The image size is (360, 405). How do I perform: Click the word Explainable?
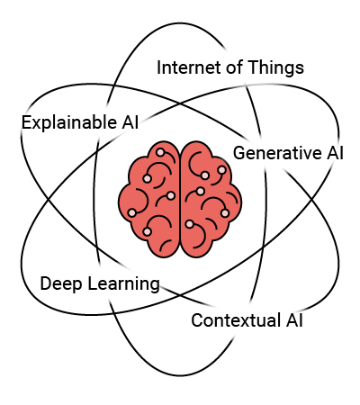point(69,123)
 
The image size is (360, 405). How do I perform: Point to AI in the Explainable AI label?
point(130,122)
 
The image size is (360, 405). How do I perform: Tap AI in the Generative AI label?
point(335,153)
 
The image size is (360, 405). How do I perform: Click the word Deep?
point(61,284)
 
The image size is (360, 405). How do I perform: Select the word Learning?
point(123,284)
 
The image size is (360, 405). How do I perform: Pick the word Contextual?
point(236,320)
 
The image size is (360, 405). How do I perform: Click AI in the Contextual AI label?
point(294,320)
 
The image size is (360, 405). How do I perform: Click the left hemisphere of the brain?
point(149,200)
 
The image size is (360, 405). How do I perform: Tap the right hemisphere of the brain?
point(211,200)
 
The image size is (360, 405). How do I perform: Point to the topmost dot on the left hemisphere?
point(160,152)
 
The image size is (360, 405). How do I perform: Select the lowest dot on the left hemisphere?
point(147,231)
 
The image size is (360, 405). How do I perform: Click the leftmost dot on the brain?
point(132,212)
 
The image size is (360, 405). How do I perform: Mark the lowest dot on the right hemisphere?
point(189,224)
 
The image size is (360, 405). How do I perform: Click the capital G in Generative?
point(239,153)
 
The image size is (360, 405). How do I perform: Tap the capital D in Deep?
point(46,283)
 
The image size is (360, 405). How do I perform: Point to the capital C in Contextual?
point(197,320)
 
